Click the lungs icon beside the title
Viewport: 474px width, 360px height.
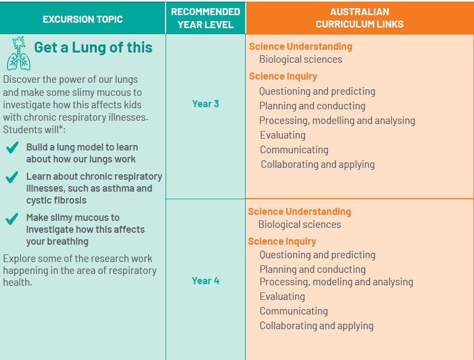(x=19, y=54)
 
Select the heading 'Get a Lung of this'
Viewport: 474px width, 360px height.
(x=93, y=48)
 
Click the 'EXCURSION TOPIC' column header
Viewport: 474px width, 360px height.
(x=83, y=19)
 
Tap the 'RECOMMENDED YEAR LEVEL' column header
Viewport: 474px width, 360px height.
(x=206, y=18)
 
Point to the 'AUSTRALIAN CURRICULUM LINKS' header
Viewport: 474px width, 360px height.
(x=359, y=18)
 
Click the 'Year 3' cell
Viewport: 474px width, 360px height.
(x=206, y=104)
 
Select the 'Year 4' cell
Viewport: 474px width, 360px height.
(x=206, y=280)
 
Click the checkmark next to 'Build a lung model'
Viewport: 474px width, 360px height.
(x=12, y=148)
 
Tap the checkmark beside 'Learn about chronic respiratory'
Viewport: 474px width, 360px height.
(x=12, y=177)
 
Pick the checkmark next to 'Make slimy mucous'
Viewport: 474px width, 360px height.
(x=12, y=218)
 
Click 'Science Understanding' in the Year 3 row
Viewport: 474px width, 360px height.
(x=300, y=47)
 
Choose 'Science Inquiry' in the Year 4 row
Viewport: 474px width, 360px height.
(x=282, y=241)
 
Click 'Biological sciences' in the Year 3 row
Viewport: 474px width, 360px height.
(x=300, y=60)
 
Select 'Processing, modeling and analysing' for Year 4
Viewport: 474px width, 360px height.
(x=336, y=282)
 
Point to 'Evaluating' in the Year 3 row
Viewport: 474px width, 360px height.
(x=282, y=135)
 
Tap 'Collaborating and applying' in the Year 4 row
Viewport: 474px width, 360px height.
(x=317, y=326)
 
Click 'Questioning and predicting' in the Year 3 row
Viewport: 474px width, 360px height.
(x=317, y=91)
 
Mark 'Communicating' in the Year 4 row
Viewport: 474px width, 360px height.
(x=294, y=311)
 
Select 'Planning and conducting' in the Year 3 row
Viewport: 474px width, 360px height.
(x=312, y=106)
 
